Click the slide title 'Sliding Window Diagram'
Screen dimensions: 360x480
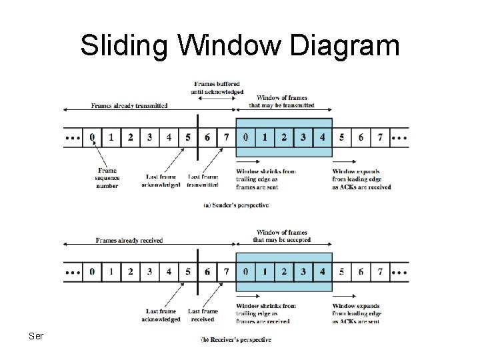pyautogui.click(x=240, y=47)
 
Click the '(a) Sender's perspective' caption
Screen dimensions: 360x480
pyautogui.click(x=236, y=205)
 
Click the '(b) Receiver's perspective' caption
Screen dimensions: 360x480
pyautogui.click(x=236, y=340)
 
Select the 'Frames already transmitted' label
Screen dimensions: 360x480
pyautogui.click(x=129, y=105)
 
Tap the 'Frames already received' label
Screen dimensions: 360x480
pyautogui.click(x=129, y=240)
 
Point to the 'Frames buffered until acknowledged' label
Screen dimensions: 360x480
pyautogui.click(x=218, y=87)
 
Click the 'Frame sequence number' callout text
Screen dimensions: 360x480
pyautogui.click(x=107, y=178)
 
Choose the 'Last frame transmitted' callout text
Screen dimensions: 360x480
pyautogui.click(x=203, y=180)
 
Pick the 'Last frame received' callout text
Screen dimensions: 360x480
pyautogui.click(x=203, y=315)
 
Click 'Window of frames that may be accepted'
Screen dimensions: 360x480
pyautogui.click(x=281, y=236)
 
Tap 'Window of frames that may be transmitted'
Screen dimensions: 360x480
pyautogui.click(x=281, y=101)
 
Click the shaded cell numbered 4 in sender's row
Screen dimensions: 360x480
pyautogui.click(x=323, y=137)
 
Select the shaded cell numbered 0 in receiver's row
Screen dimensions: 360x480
pyautogui.click(x=246, y=272)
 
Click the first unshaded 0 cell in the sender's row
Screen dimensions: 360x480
pyautogui.click(x=93, y=137)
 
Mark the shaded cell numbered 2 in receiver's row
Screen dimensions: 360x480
pyautogui.click(x=284, y=272)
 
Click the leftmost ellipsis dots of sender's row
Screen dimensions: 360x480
pyautogui.click(x=73, y=138)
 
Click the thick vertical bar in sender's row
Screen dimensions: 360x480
pyautogui.click(x=198, y=137)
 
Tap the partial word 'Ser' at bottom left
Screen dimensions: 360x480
pyautogui.click(x=35, y=336)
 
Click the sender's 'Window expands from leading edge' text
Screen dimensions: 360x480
pyautogui.click(x=361, y=179)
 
